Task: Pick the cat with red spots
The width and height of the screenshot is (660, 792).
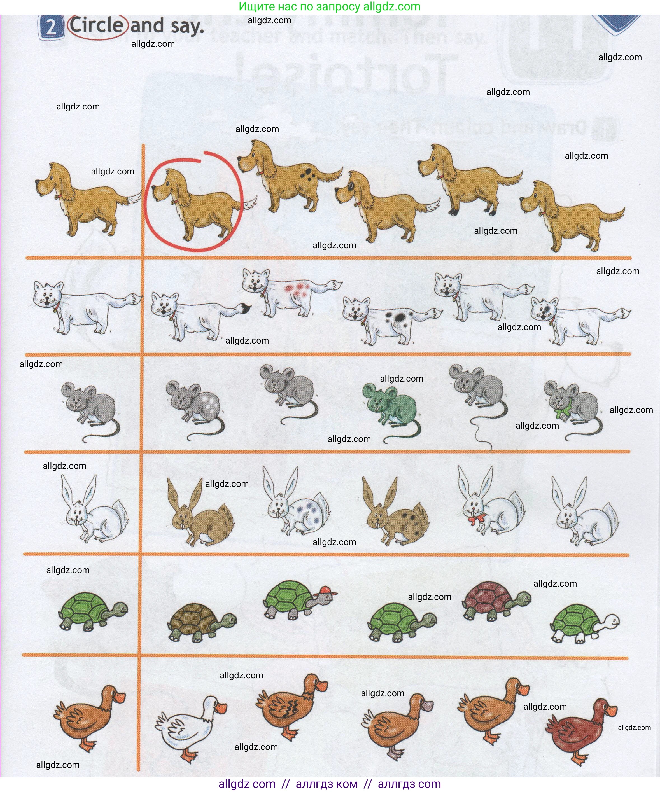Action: click(290, 292)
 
